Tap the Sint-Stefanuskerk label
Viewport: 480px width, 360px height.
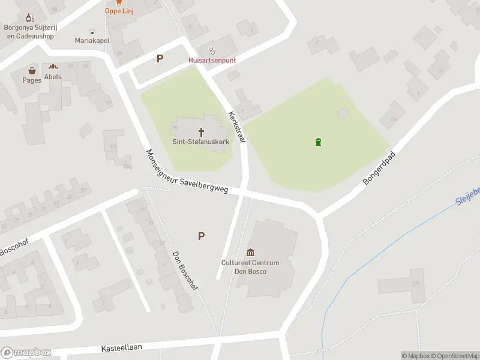[201, 142]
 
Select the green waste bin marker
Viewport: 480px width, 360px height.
[318, 142]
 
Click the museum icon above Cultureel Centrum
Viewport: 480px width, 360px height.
[250, 253]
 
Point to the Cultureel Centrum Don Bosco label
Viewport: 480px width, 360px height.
[250, 267]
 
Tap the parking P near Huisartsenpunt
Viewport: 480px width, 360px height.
[160, 59]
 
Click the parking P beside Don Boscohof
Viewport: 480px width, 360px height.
[201, 236]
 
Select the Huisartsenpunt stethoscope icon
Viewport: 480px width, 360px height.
[211, 50]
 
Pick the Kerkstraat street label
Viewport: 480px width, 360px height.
[238, 127]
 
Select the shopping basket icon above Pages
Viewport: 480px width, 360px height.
[32, 71]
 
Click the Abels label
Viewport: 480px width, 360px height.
[53, 77]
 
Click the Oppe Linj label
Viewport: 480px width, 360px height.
[119, 11]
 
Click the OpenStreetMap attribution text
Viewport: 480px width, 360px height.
[455, 356]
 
